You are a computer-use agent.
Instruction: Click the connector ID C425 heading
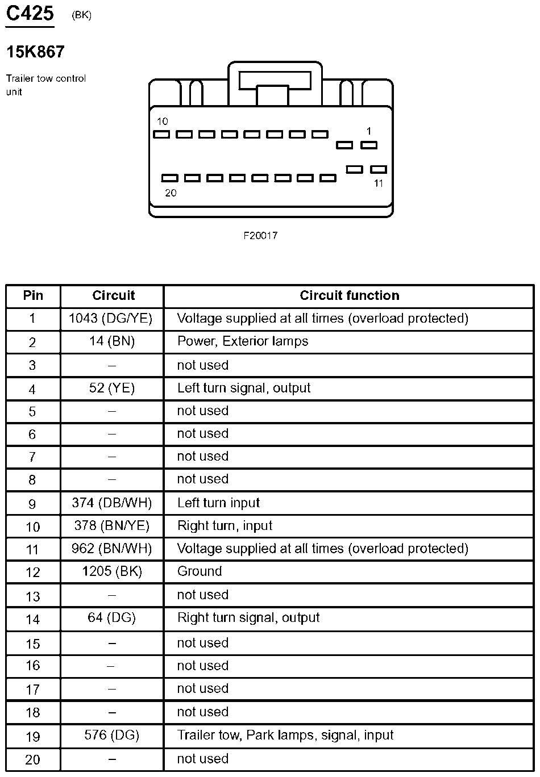pos(30,13)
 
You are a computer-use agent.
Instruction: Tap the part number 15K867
pos(35,52)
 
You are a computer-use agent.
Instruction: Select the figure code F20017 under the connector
pos(260,235)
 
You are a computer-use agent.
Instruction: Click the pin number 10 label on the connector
pos(163,122)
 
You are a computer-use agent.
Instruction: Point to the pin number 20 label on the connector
pos(171,193)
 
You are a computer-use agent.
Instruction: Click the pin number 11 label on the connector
pos(379,183)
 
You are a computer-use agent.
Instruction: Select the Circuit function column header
pos(349,295)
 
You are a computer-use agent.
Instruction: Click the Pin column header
pos(33,295)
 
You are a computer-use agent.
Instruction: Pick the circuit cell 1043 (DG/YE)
pos(111,319)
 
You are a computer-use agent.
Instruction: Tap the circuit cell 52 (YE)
pos(111,389)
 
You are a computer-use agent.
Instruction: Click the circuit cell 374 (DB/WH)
pos(111,503)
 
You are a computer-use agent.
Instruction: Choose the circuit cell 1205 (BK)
pos(111,571)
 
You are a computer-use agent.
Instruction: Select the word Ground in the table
pos(200,571)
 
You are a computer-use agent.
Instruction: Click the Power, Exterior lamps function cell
pos(243,341)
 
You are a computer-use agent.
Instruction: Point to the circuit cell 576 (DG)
pos(111,736)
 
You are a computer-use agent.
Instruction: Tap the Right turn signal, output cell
pos(248,618)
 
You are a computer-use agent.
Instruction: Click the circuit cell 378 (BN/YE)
pos(111,526)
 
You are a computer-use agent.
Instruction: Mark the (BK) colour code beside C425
pos(81,16)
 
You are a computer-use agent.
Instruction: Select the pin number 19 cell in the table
pos(33,737)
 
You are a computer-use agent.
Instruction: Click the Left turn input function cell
pos(218,503)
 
